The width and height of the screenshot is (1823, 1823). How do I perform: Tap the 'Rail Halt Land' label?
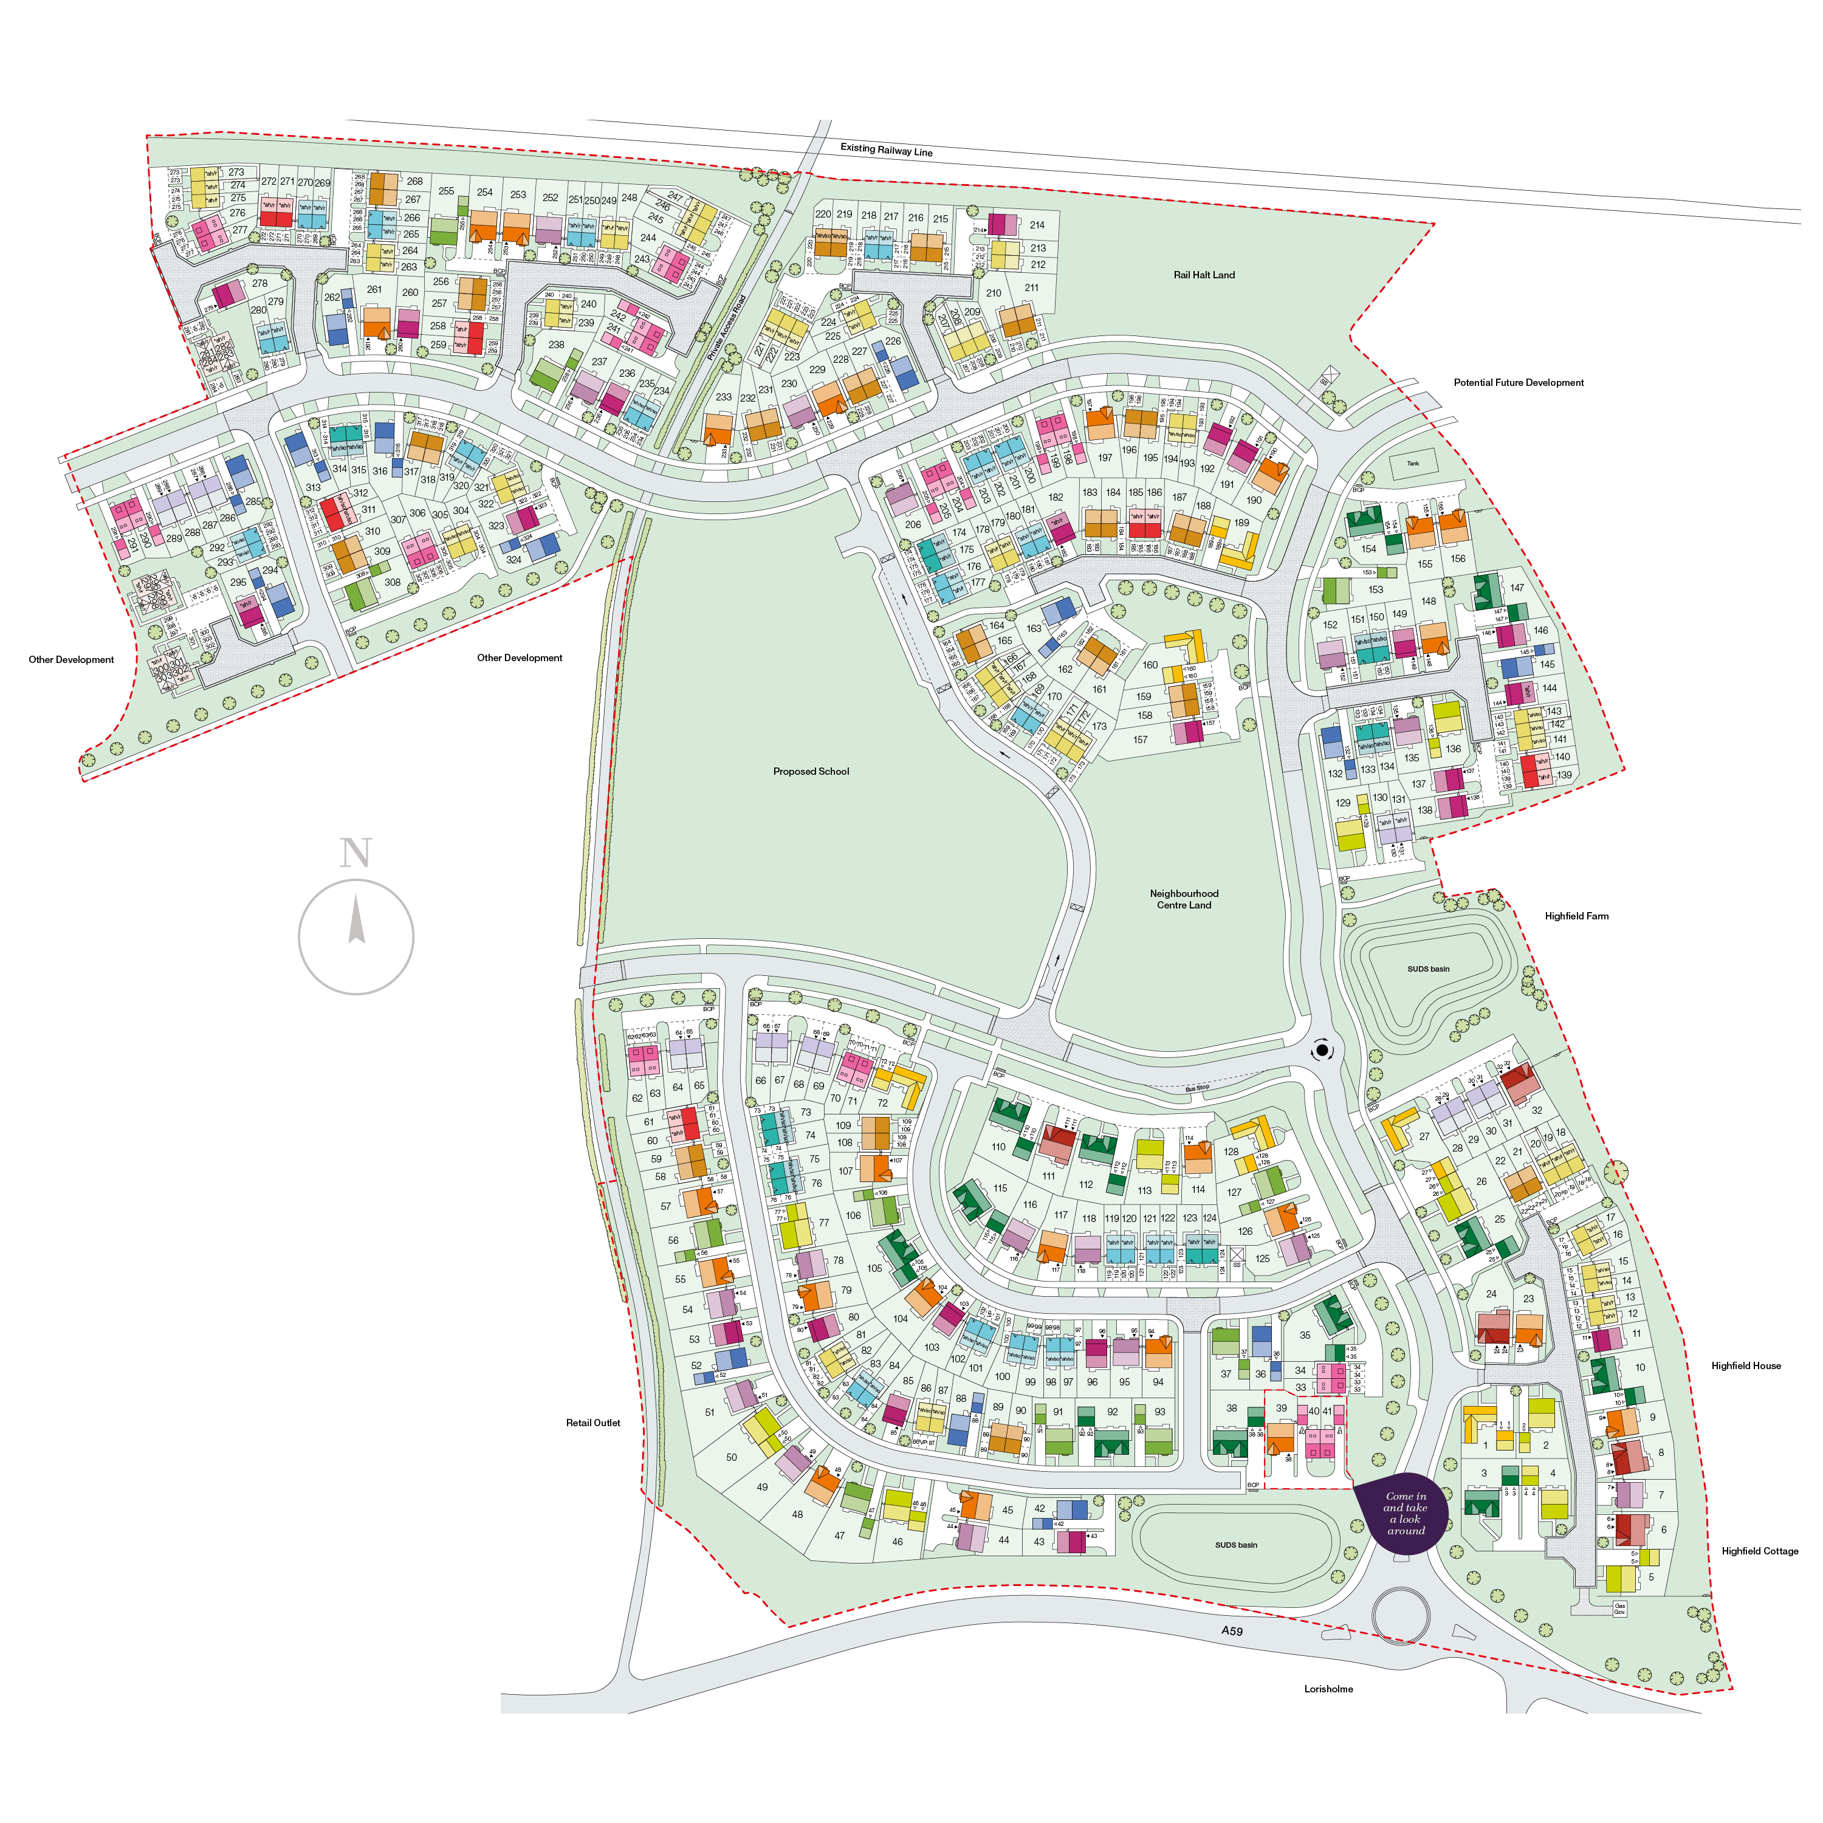tap(1203, 275)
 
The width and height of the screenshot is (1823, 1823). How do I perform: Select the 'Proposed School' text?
tap(811, 772)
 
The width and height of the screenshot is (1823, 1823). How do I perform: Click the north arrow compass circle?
tap(355, 937)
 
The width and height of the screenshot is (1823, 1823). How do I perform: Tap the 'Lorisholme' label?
tap(1328, 1689)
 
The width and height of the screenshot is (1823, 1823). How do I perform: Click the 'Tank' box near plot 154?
tap(1413, 463)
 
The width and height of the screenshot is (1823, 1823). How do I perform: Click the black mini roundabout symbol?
tap(1322, 1050)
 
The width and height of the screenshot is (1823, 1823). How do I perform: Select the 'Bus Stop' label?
tap(1196, 1088)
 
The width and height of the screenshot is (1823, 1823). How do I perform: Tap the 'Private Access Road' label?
tap(727, 328)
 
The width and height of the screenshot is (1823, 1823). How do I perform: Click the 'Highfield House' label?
tap(1746, 1365)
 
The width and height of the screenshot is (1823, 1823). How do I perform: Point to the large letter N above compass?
tap(355, 853)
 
